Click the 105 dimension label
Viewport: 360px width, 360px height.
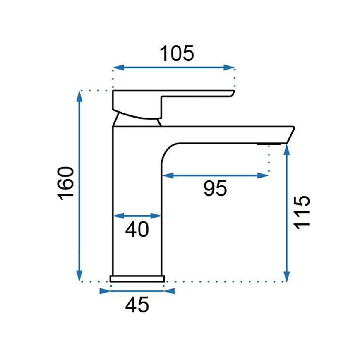177,53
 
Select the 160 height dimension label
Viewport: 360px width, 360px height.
66,183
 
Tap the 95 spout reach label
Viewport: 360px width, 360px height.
215,188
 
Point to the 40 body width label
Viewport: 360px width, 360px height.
137,229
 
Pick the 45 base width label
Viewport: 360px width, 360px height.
137,305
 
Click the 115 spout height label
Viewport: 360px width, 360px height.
302,212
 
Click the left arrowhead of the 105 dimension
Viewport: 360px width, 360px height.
118,67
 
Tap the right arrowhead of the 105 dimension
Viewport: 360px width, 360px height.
229,67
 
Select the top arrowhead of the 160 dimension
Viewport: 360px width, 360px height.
79,96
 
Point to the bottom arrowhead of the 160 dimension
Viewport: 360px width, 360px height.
79,276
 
